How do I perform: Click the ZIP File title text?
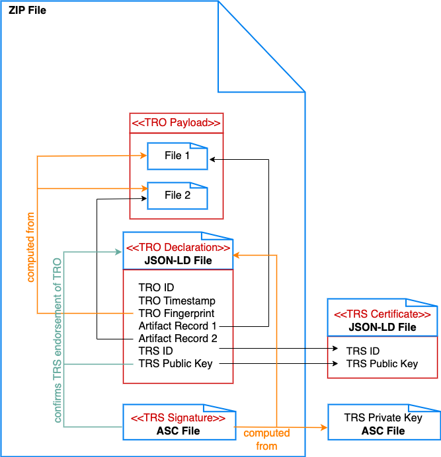coord(27,11)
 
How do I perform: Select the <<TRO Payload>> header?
coord(176,123)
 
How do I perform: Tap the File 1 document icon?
coord(177,157)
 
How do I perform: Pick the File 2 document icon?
coord(177,195)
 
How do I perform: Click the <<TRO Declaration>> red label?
coord(178,248)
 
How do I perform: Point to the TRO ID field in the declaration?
coord(156,288)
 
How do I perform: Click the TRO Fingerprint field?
coord(176,313)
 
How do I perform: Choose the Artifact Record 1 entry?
coord(178,326)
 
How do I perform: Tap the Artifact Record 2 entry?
coord(178,339)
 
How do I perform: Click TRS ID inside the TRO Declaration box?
coord(155,351)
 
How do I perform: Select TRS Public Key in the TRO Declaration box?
coord(175,363)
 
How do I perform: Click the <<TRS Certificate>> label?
coord(382,314)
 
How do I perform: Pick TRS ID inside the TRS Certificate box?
coord(363,351)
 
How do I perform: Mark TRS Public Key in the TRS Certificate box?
coord(382,363)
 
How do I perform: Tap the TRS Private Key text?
coord(383,418)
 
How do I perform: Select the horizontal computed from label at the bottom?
coord(266,439)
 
